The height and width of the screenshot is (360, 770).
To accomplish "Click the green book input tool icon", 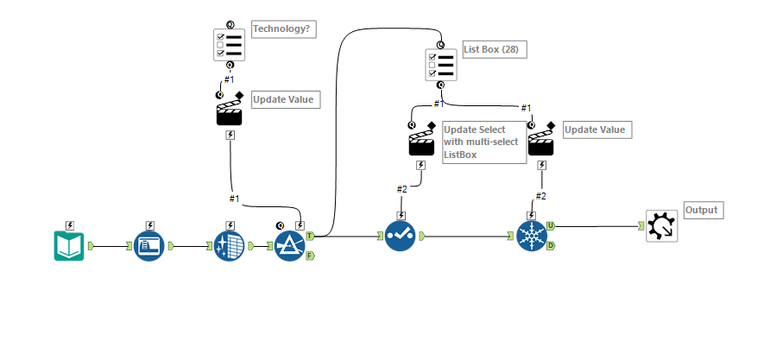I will click(69, 246).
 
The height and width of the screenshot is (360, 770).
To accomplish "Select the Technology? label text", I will click(283, 29).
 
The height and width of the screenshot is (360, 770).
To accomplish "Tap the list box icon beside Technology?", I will click(230, 44).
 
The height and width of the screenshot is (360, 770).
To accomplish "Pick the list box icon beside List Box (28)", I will click(441, 65).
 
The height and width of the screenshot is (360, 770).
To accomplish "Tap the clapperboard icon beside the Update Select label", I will click(421, 141).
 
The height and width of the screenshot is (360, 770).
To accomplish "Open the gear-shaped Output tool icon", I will click(662, 226).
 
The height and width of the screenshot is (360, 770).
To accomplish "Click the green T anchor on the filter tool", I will click(310, 235).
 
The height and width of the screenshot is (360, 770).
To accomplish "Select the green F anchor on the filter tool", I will click(310, 256).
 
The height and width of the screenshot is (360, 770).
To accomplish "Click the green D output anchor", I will click(551, 246).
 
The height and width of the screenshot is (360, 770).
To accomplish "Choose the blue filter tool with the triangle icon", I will click(290, 245).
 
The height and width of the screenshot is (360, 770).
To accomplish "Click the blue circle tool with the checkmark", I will click(400, 235).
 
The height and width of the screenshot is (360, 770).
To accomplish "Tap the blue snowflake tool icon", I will click(532, 235).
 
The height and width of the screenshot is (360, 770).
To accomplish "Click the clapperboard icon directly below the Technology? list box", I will click(230, 111).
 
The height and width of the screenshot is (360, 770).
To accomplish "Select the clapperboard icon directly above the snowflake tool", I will click(541, 141).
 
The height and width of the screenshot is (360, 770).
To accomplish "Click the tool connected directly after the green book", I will click(149, 246).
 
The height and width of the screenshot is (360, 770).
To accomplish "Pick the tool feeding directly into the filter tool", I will click(230, 246).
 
